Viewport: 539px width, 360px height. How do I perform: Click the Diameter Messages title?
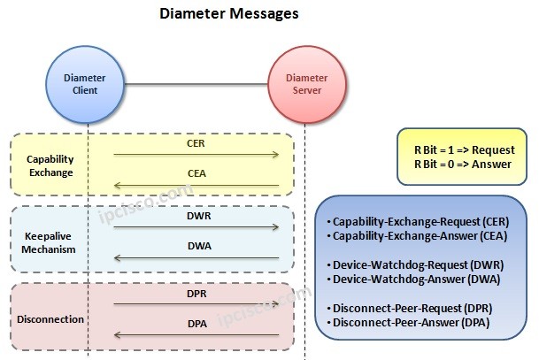[x=228, y=14]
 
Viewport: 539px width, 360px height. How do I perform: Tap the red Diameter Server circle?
[x=304, y=83]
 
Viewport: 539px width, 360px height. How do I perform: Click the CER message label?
[x=196, y=142]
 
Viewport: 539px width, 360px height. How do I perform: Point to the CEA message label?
[x=196, y=174]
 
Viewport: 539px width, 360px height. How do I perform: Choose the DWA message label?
[x=196, y=247]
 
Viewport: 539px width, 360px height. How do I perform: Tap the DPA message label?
[x=196, y=324]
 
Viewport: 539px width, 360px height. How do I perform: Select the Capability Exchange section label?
[x=50, y=165]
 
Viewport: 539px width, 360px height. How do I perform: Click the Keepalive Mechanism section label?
[x=50, y=241]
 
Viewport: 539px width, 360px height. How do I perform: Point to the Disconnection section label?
[x=50, y=318]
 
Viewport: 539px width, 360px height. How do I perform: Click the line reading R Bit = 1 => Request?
[x=465, y=150]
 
